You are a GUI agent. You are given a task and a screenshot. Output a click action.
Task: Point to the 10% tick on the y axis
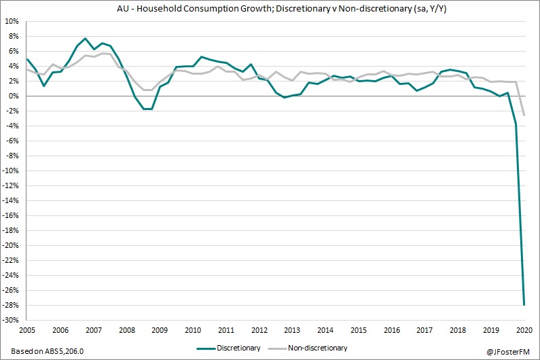pos(13,21)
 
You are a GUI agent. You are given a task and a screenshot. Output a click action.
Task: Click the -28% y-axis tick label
pos(12,305)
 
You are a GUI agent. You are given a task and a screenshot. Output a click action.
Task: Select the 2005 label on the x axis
pos(26,329)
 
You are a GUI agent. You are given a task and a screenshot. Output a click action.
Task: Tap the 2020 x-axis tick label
pos(524,329)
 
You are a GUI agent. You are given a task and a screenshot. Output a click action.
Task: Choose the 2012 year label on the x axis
pos(259,329)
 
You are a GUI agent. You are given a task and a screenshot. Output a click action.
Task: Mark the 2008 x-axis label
pos(126,329)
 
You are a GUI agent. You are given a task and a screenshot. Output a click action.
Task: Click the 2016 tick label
pos(392,329)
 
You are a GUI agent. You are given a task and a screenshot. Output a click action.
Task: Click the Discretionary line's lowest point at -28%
pos(524,304)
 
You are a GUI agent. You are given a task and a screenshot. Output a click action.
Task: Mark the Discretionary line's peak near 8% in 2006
pos(85,39)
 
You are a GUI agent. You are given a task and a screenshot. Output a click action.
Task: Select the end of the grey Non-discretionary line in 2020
pos(524,115)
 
